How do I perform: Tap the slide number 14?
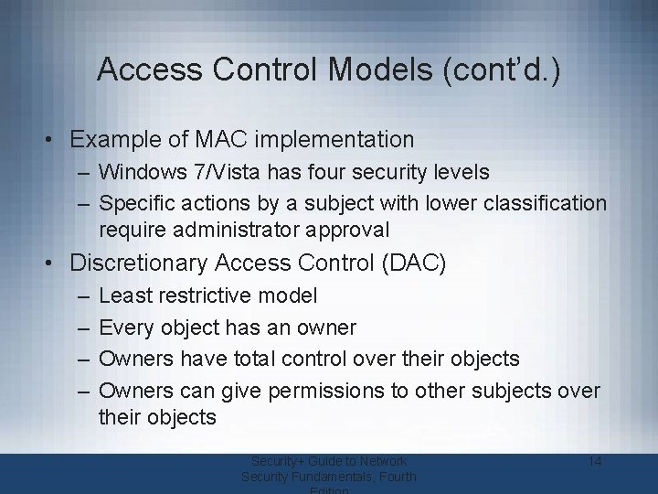pyautogui.click(x=594, y=461)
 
